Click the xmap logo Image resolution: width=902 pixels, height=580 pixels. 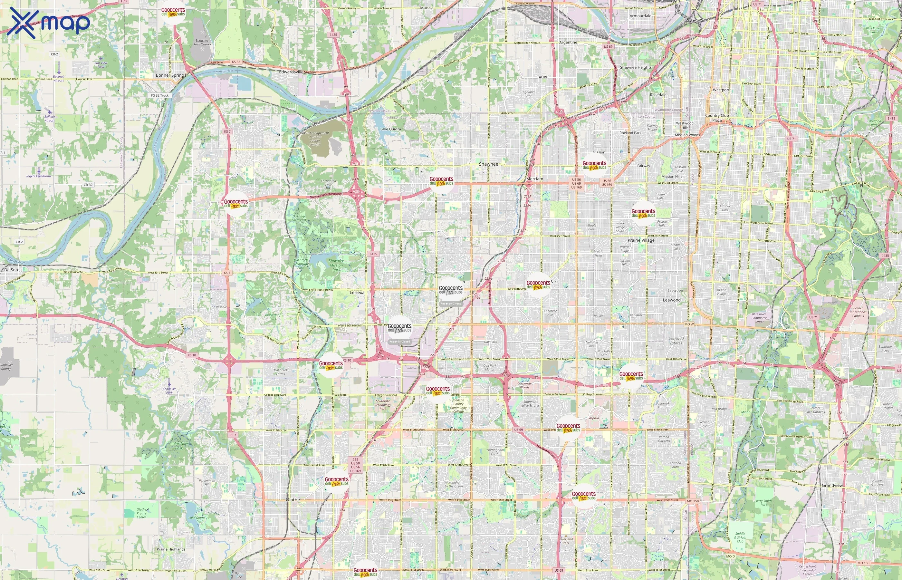[x=49, y=23]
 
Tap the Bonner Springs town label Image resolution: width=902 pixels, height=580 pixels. [x=171, y=75]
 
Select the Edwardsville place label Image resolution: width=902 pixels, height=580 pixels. [x=291, y=72]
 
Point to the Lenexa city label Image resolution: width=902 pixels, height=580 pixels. [x=357, y=292]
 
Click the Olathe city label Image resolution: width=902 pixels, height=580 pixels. [x=293, y=499]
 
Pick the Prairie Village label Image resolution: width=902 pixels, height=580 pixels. [x=641, y=240]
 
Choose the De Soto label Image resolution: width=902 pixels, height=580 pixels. [x=12, y=270]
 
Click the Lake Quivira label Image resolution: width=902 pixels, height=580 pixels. [x=390, y=129]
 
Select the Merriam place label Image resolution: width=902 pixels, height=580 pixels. [x=534, y=179]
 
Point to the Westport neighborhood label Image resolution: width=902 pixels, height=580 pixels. [x=721, y=90]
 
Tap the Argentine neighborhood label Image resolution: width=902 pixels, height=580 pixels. [x=568, y=42]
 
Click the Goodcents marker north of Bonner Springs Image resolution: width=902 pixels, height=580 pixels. [x=173, y=13]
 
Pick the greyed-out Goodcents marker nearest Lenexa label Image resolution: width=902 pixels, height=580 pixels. [x=399, y=328]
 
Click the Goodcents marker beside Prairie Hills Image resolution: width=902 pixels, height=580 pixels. [x=643, y=214]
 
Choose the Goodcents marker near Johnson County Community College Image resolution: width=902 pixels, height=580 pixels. [x=437, y=391]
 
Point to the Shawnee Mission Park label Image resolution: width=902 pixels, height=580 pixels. [x=336, y=265]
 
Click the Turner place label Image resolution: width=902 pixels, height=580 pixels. [x=542, y=76]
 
